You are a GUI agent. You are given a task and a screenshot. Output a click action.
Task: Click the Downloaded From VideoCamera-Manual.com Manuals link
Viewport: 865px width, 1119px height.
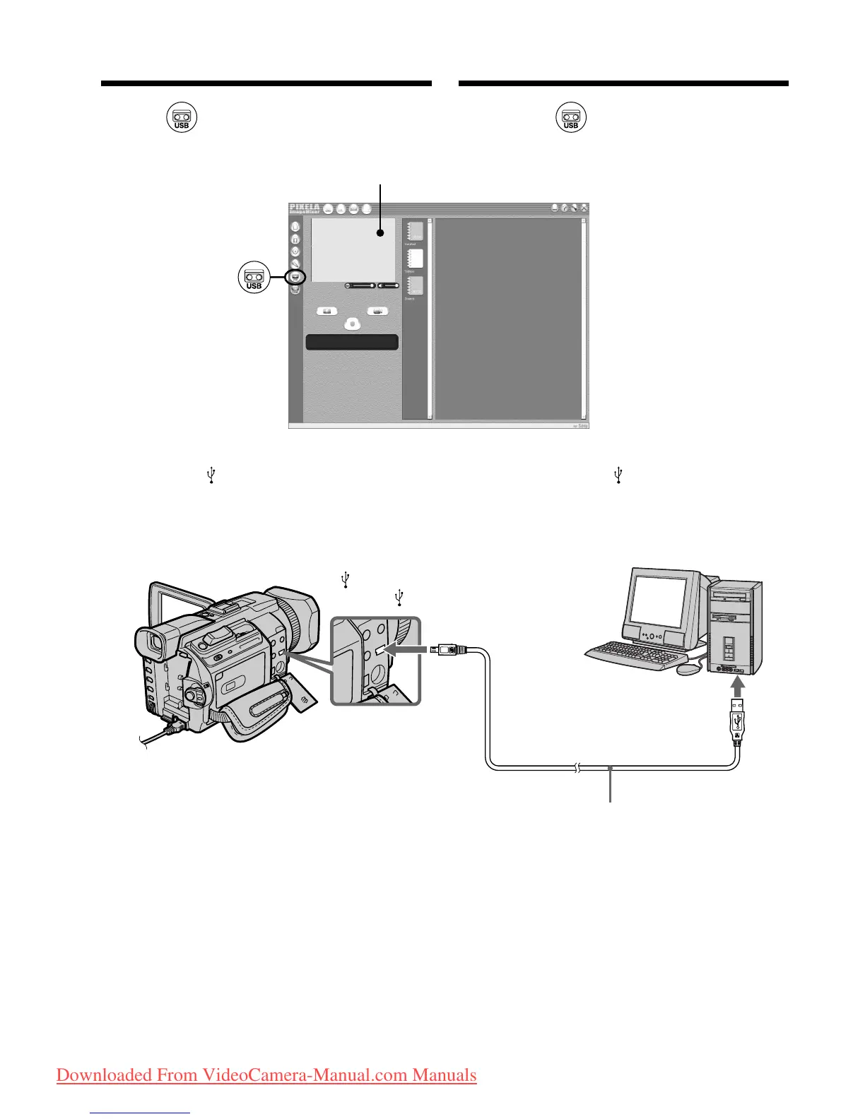(266, 1075)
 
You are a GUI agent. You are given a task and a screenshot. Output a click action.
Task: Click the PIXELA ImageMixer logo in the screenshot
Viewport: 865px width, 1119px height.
(305, 208)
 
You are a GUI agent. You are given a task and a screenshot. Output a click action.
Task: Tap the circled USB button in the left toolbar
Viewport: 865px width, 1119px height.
(295, 276)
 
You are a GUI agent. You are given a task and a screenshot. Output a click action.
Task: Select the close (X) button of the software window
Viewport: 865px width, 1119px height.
(584, 208)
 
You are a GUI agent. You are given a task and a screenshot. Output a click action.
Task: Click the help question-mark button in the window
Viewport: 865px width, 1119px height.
(565, 208)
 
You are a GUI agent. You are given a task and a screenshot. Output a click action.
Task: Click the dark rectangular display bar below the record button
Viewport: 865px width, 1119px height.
(352, 343)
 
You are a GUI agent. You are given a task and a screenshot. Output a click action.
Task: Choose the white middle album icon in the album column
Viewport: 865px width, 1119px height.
(414, 258)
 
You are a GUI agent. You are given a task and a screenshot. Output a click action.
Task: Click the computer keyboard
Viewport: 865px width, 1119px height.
(629, 656)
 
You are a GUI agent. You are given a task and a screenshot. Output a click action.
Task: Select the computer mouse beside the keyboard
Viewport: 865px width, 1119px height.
(685, 668)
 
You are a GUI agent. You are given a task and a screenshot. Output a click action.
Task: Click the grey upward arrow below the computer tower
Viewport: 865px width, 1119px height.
(738, 685)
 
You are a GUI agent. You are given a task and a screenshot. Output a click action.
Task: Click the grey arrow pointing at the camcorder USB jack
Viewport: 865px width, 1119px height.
(411, 649)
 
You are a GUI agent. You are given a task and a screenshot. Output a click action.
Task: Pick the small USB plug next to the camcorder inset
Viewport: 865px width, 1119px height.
(447, 649)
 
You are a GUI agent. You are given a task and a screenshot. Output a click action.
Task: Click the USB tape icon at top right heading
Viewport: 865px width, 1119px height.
(571, 117)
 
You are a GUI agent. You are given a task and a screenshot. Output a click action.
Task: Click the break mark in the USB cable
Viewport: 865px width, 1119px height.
(577, 768)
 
